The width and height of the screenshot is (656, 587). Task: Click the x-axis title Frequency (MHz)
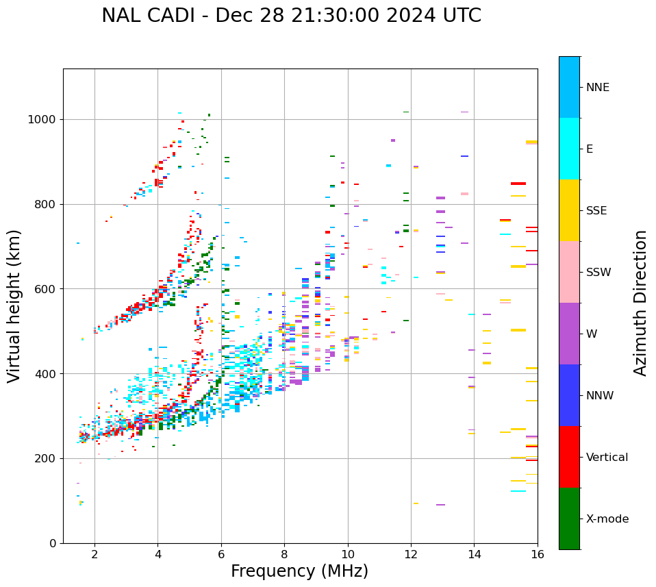point(299,571)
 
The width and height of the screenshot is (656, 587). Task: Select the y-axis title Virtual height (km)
point(14,306)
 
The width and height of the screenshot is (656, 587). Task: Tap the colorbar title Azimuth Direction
point(640,303)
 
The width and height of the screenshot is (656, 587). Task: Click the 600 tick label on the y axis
point(46,289)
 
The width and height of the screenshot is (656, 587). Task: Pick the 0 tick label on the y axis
point(52,543)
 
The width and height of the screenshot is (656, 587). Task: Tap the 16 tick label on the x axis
point(537,554)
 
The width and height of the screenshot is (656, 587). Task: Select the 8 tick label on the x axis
point(284,554)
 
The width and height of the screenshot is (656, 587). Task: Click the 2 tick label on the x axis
point(94,554)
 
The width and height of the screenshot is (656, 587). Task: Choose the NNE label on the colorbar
point(597,88)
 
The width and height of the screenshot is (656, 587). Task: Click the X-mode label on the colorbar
point(607,519)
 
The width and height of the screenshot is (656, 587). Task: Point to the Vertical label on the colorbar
point(607,458)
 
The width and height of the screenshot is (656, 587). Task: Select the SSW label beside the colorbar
point(598,273)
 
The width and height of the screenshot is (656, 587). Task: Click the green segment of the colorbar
point(569,519)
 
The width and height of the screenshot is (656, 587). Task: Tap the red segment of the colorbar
point(569,457)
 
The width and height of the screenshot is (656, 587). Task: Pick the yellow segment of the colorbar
point(569,210)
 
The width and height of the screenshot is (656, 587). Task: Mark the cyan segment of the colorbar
point(569,149)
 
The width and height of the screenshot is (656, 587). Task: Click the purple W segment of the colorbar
point(569,334)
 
